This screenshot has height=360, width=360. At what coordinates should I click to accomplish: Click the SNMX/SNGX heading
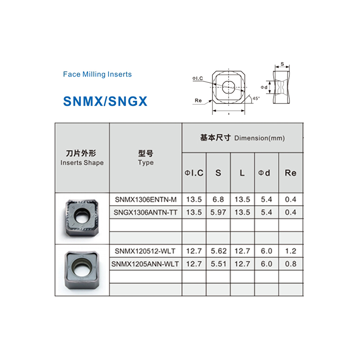pyautogui.click(x=105, y=101)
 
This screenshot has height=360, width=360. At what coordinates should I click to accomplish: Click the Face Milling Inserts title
pyautogui.click(x=97, y=74)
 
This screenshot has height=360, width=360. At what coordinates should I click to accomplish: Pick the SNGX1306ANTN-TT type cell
pyautogui.click(x=145, y=212)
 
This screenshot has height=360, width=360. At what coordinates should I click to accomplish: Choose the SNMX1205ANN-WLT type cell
pyautogui.click(x=145, y=264)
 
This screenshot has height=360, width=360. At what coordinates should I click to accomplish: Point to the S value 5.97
pyautogui.click(x=218, y=212)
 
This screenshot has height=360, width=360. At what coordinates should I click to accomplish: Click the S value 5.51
pyautogui.click(x=218, y=264)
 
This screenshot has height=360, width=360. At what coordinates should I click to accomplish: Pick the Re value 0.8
pyautogui.click(x=291, y=264)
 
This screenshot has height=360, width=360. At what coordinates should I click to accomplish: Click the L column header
pyautogui.click(x=242, y=173)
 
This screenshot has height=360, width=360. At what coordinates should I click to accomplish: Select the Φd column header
pyautogui.click(x=266, y=173)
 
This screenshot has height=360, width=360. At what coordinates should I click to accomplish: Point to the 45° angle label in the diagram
pyautogui.click(x=256, y=98)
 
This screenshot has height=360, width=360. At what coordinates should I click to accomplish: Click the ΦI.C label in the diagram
pyautogui.click(x=198, y=78)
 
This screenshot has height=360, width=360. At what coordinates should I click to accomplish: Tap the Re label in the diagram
pyautogui.click(x=198, y=100)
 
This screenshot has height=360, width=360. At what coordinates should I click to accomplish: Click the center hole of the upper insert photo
pyautogui.click(x=83, y=216)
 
